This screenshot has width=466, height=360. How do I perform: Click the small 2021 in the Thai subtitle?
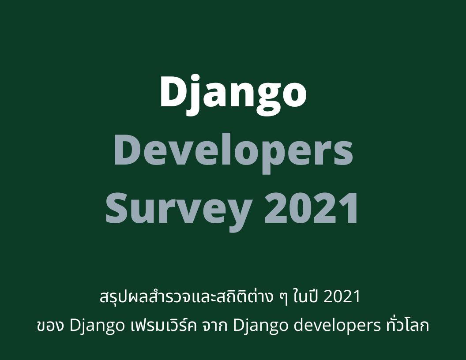pyautogui.click(x=342, y=296)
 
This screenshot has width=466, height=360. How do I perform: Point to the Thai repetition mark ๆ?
pyautogui.click(x=284, y=298)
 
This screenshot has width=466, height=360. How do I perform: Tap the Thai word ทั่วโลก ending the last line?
pyautogui.click(x=408, y=324)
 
